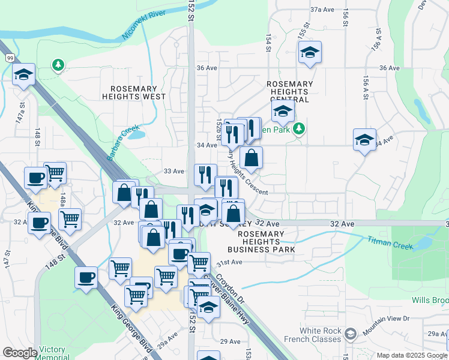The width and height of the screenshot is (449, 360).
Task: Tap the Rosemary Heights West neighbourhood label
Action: tap(133, 92)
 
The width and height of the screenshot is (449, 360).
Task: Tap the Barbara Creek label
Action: tap(122, 143)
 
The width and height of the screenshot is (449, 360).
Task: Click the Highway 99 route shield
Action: tap(11, 58)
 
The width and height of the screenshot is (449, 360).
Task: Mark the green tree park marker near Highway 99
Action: tap(58, 64)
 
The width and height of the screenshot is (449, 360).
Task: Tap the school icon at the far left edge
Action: tap(23, 74)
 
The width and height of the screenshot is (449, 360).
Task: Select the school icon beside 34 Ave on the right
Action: tap(364, 140)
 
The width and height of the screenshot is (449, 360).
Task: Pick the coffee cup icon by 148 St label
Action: tap(85, 278)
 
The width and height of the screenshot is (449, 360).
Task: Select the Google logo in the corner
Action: tap(20, 353)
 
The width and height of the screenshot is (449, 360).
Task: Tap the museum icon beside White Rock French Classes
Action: tap(351, 332)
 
